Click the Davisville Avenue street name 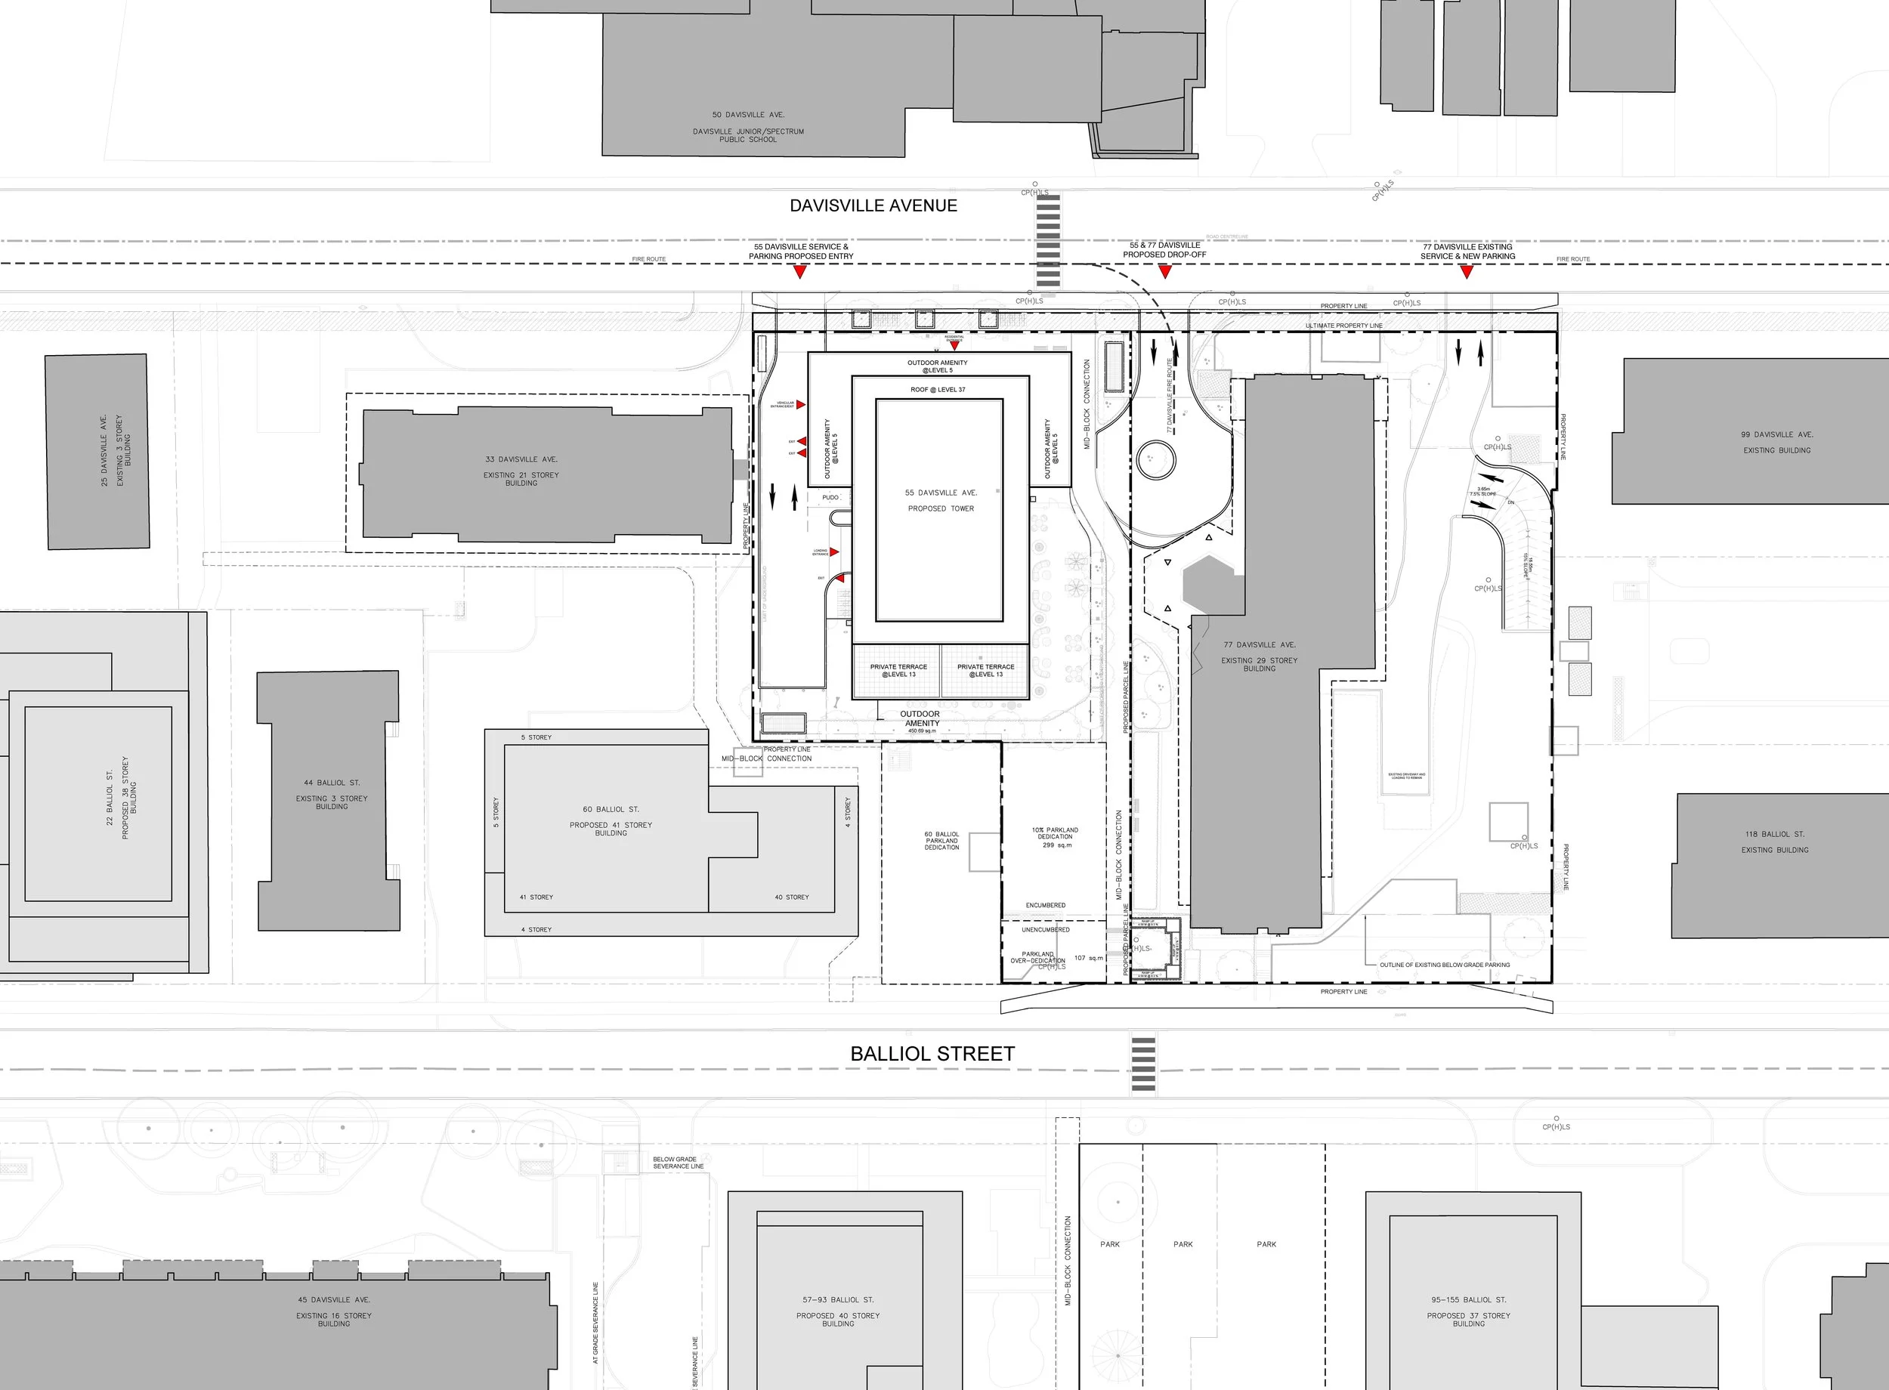(873, 205)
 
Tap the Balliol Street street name (932, 1053)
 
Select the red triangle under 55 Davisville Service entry (800, 272)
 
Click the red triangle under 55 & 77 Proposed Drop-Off (1164, 271)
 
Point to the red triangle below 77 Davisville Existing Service (1467, 272)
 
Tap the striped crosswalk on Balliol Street (1142, 1065)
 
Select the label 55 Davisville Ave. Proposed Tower (941, 501)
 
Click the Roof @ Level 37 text (938, 390)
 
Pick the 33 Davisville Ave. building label (521, 471)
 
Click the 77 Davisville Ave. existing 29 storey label (1259, 656)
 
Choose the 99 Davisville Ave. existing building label (1776, 442)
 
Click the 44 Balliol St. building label (332, 794)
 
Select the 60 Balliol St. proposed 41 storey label (611, 820)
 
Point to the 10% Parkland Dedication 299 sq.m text (1054, 837)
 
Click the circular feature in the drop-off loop (1155, 459)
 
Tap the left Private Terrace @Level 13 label (898, 671)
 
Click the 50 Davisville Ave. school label (748, 126)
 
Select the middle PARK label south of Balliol (1183, 1244)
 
